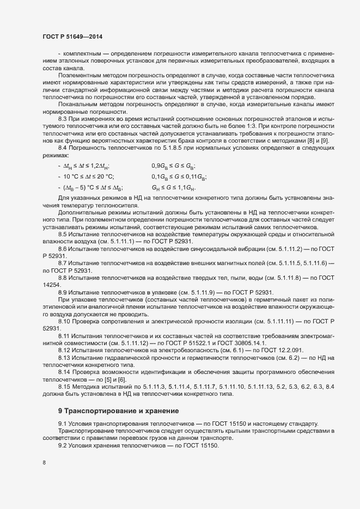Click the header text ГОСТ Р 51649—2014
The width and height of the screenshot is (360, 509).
[x=72, y=36]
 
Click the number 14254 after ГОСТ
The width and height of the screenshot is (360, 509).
[x=51, y=284]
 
